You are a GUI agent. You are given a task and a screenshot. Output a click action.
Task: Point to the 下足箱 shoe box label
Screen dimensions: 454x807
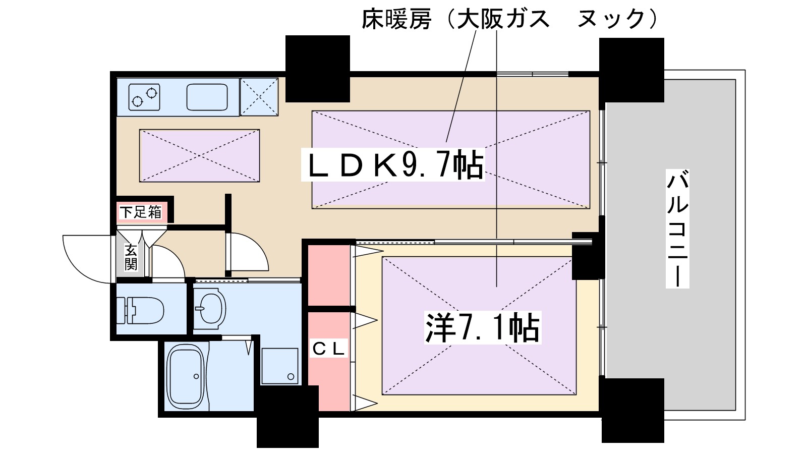pyautogui.click(x=141, y=212)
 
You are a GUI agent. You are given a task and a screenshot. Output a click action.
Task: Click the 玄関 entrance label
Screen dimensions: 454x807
pyautogui.click(x=131, y=257)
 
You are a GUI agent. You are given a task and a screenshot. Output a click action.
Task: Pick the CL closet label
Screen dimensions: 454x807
pyautogui.click(x=328, y=348)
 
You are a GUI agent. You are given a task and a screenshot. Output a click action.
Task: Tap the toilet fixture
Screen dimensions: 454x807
pyautogui.click(x=141, y=309)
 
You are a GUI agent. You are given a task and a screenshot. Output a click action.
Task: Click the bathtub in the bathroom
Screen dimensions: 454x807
pyautogui.click(x=187, y=376)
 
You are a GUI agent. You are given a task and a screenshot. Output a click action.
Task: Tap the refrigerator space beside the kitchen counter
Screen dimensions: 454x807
pyautogui.click(x=259, y=96)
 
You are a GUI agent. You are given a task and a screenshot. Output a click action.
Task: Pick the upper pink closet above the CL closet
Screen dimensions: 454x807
pyautogui.click(x=329, y=275)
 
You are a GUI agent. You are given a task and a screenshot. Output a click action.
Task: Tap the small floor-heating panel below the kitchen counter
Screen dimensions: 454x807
pyautogui.click(x=199, y=155)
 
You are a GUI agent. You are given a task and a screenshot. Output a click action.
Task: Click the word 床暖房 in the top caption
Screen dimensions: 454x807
pyautogui.click(x=396, y=19)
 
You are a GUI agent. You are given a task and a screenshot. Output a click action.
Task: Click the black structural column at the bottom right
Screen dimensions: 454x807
pyautogui.click(x=632, y=410)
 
